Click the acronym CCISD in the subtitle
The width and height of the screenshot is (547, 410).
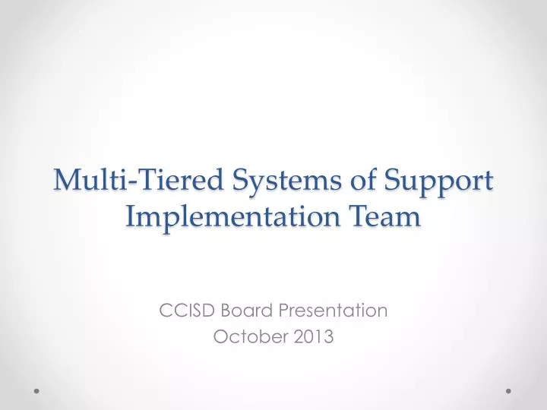[x=183, y=310]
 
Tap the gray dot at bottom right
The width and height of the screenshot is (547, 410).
[x=508, y=392]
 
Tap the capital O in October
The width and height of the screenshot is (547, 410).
[x=220, y=337]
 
